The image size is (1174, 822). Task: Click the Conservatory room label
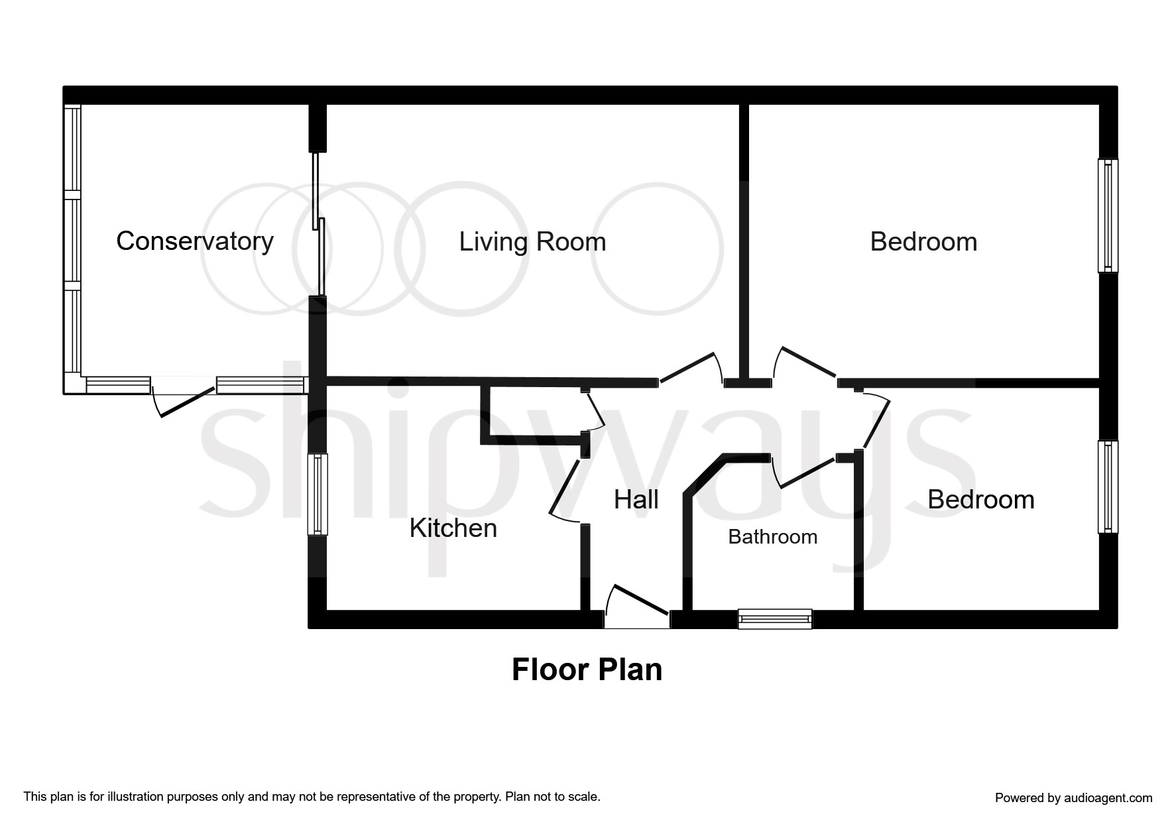(194, 241)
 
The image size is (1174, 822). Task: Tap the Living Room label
(532, 242)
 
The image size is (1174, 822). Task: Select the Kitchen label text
(453, 528)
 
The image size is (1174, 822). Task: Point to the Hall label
(636, 500)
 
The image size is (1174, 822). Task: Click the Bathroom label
(772, 537)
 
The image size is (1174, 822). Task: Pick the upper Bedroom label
(923, 242)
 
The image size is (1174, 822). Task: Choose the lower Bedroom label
(980, 500)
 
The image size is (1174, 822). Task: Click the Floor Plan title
(587, 670)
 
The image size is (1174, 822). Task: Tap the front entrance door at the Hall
(638, 607)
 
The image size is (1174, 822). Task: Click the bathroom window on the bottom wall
(774, 619)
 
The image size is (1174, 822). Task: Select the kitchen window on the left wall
(318, 494)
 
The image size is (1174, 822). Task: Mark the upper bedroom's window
(1108, 215)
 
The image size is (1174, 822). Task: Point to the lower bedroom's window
(1108, 487)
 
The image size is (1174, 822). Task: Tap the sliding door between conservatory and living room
(318, 225)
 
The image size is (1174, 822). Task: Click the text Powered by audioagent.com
(1073, 798)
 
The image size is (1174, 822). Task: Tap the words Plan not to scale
(552, 797)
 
